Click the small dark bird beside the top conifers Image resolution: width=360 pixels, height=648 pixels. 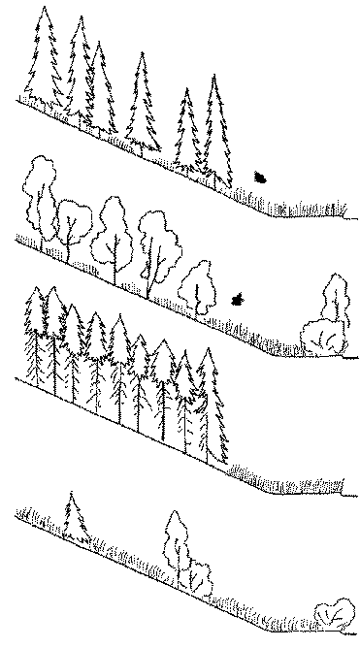pyautogui.click(x=260, y=178)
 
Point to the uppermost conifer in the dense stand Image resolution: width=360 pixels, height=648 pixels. pyautogui.click(x=34, y=335)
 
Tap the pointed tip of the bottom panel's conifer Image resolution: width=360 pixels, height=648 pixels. pyautogui.click(x=71, y=495)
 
